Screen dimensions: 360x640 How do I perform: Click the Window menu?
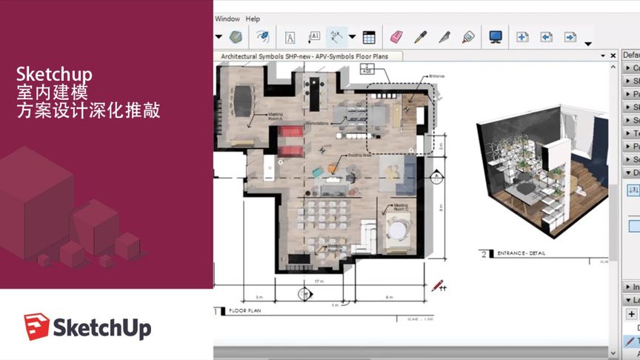point(227,19)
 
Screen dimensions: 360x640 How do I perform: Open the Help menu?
point(253,19)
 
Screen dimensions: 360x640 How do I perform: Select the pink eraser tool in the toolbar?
point(396,36)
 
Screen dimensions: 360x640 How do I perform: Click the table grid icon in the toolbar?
point(369,37)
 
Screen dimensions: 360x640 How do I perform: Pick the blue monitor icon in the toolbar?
point(496,36)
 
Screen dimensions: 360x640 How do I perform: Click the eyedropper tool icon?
point(420,36)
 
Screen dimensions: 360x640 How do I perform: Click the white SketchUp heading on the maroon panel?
point(54,75)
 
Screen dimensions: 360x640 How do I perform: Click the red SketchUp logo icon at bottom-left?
point(36,327)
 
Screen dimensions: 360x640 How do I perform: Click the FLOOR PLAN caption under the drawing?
point(244,311)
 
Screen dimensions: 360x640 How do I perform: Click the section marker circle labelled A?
point(303,294)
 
